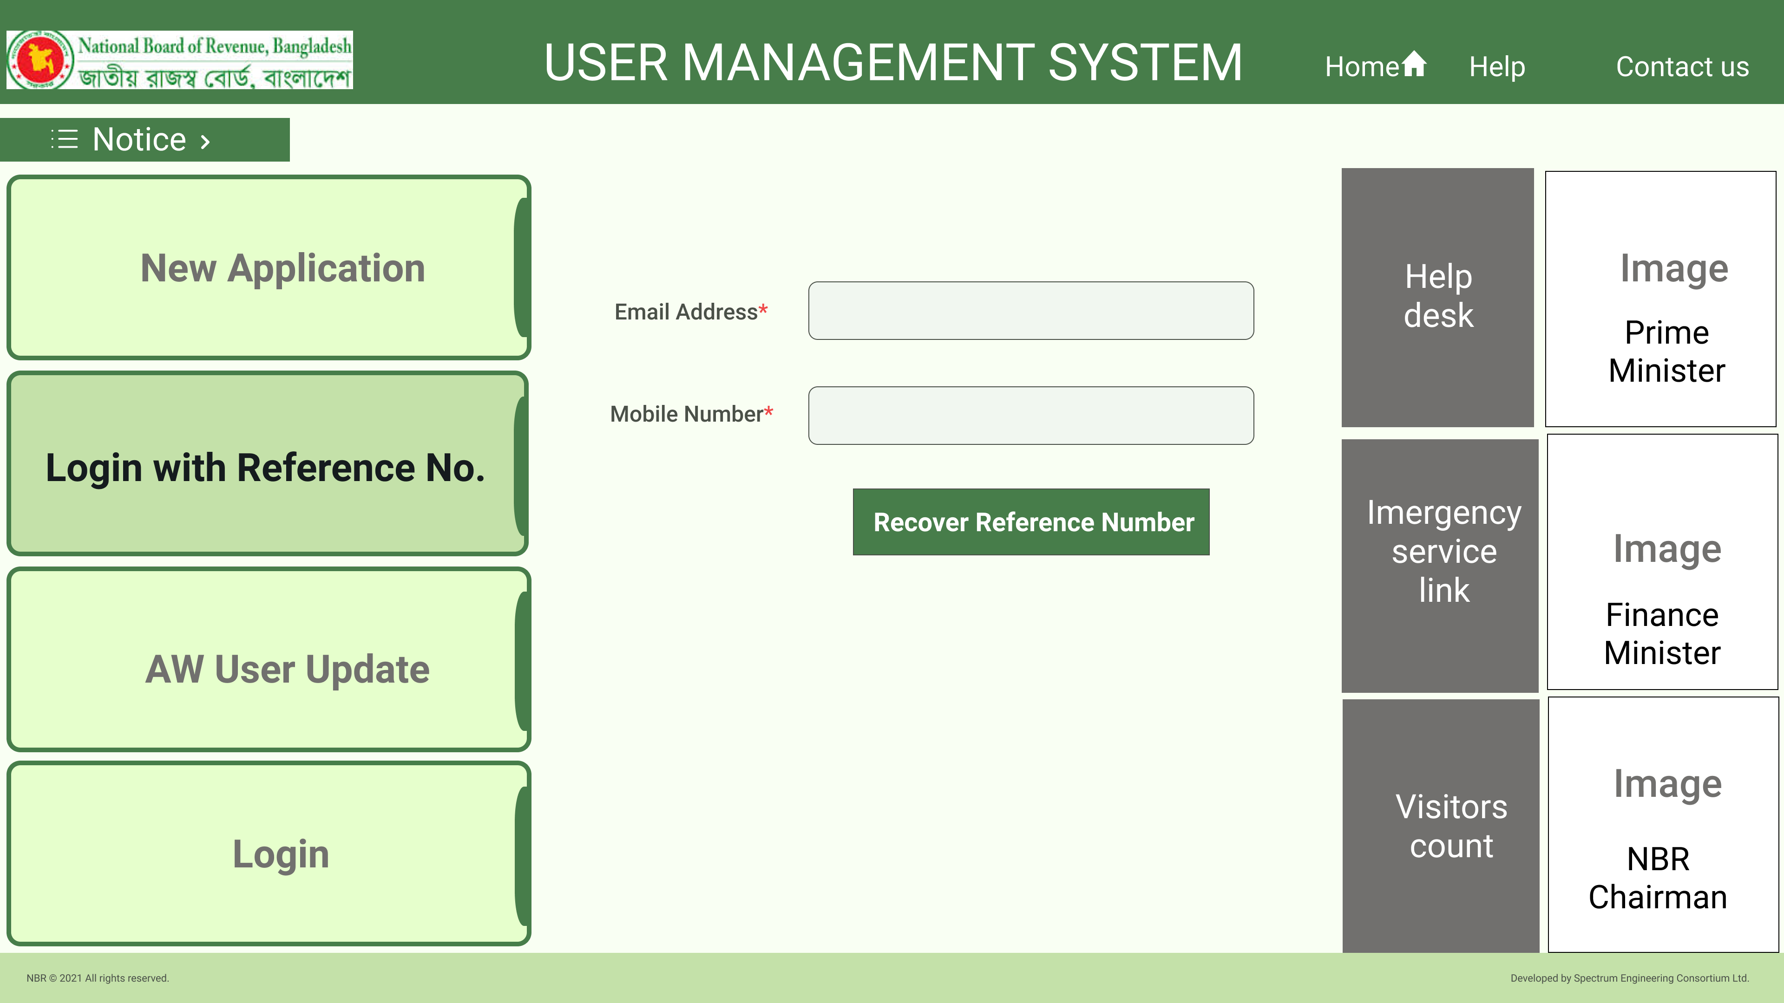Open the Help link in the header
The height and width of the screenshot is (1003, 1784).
[x=1496, y=66]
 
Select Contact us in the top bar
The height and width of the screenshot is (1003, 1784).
[x=1682, y=66]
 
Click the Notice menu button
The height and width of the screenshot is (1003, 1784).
[x=145, y=140]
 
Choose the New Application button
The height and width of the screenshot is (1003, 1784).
[x=269, y=268]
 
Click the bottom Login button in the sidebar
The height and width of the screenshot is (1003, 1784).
[x=269, y=853]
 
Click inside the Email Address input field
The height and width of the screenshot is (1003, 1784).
[x=1030, y=311]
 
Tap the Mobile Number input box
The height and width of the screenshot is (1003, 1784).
[x=1030, y=415]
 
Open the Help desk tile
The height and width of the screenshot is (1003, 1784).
[x=1438, y=298]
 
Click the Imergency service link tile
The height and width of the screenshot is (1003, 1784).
[x=1440, y=566]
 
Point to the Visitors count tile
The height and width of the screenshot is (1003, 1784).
[x=1441, y=826]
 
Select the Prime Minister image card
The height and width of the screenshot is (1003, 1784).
[x=1661, y=299]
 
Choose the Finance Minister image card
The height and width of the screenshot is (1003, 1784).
[x=1662, y=562]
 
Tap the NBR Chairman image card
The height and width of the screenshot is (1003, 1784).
[x=1663, y=824]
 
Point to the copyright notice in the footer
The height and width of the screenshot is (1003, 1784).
[x=98, y=978]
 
